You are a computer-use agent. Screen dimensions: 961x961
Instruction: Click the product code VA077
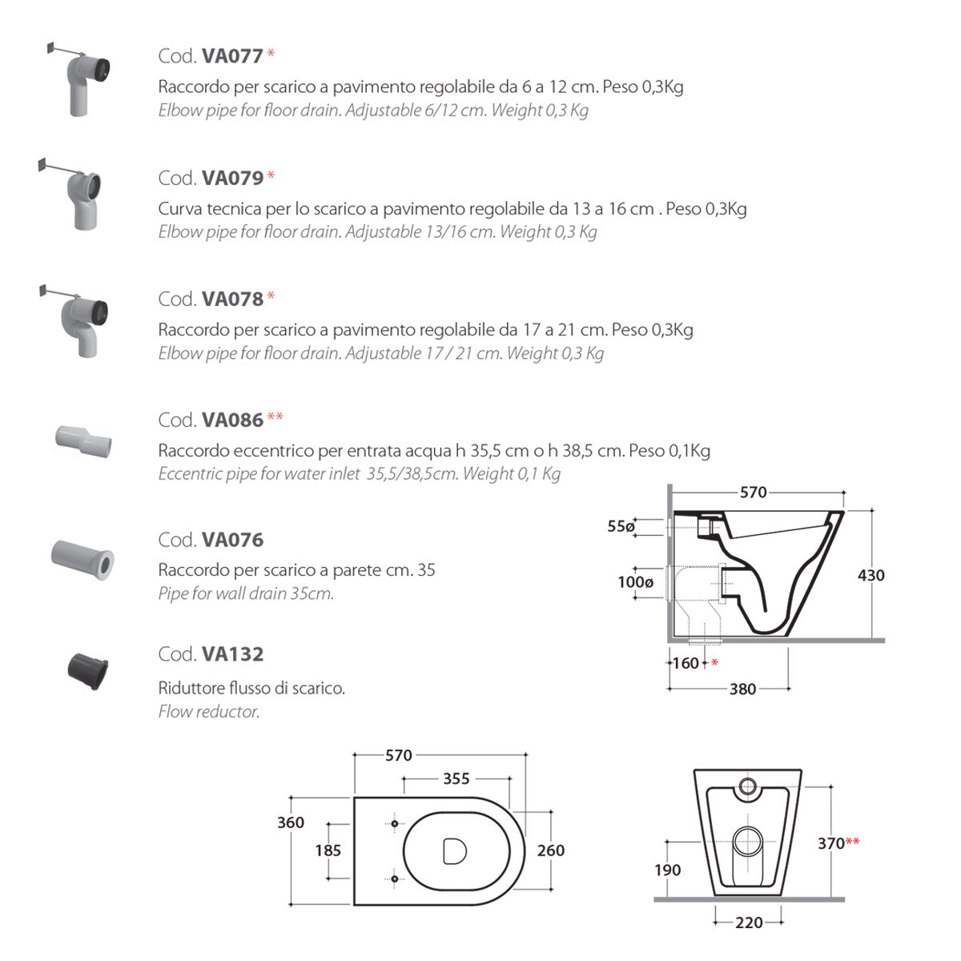click(232, 56)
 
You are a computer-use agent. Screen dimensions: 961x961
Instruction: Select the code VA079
click(232, 178)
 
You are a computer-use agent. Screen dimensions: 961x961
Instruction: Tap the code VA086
click(232, 420)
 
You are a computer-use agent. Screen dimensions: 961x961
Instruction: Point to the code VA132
click(232, 654)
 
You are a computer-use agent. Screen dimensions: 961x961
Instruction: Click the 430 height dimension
click(871, 575)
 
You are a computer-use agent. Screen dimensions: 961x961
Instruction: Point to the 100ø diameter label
click(635, 582)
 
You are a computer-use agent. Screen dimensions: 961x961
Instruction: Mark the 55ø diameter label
click(621, 526)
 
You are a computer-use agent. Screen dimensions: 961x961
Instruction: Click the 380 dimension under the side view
click(742, 689)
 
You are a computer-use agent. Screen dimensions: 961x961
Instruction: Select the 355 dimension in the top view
click(456, 778)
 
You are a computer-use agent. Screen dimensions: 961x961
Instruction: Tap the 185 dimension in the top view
click(328, 850)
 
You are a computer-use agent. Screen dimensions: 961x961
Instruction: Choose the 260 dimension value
click(551, 850)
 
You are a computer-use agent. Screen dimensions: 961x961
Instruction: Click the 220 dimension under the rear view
click(749, 923)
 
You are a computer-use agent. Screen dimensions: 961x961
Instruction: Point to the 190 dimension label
click(667, 871)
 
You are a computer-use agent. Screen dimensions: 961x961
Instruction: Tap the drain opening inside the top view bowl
click(455, 850)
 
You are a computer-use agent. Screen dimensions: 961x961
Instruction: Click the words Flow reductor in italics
click(209, 711)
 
